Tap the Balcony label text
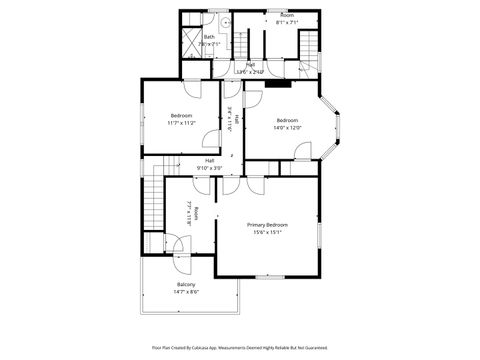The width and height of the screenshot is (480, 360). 187,284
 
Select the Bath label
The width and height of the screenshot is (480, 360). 209,38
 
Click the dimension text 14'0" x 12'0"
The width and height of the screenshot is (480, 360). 287,127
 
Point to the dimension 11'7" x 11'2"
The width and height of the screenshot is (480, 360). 182,122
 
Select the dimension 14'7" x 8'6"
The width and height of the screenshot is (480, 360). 187,292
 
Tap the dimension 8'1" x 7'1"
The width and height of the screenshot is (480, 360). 287,22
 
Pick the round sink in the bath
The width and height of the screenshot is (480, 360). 226,21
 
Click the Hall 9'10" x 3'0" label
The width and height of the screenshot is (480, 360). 210,163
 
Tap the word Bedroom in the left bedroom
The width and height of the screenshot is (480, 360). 182,115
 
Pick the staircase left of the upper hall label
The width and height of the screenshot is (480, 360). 243,47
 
